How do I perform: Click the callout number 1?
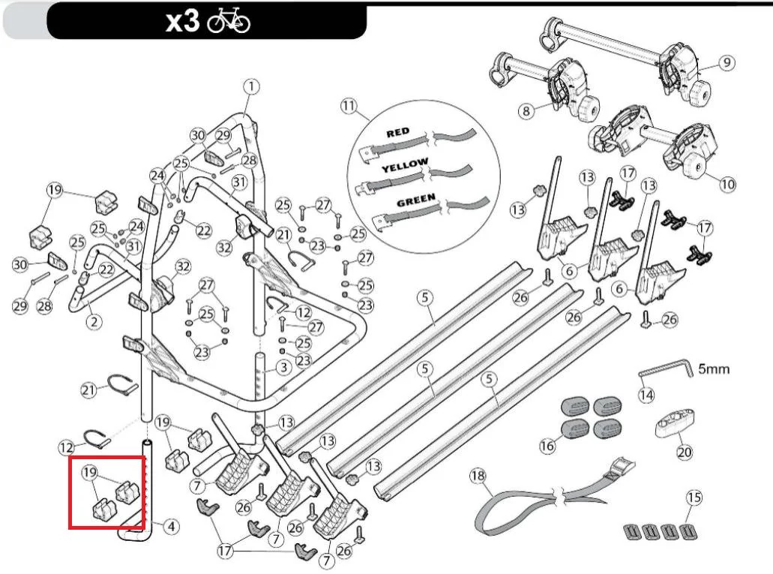pyautogui.click(x=251, y=87)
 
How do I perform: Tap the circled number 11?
pyautogui.click(x=349, y=106)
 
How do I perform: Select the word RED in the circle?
pyautogui.click(x=398, y=132)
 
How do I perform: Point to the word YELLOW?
pyautogui.click(x=405, y=165)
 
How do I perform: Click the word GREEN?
pyautogui.click(x=416, y=200)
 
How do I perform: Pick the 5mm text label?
pyautogui.click(x=713, y=368)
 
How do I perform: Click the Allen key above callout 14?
pyautogui.click(x=667, y=369)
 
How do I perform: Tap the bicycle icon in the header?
pyautogui.click(x=229, y=21)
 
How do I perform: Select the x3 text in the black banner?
pyautogui.click(x=183, y=21)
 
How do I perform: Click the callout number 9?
pyautogui.click(x=727, y=63)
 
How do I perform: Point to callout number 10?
pyautogui.click(x=728, y=185)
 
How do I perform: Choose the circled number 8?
pyautogui.click(x=526, y=111)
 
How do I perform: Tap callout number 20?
pyautogui.click(x=685, y=452)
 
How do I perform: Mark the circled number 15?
pyautogui.click(x=694, y=497)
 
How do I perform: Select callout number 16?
pyautogui.click(x=547, y=446)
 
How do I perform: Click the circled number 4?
pyautogui.click(x=171, y=527)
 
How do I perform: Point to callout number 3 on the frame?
pyautogui.click(x=283, y=368)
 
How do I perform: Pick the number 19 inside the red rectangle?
pyautogui.click(x=89, y=472)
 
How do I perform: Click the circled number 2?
pyautogui.click(x=94, y=322)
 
